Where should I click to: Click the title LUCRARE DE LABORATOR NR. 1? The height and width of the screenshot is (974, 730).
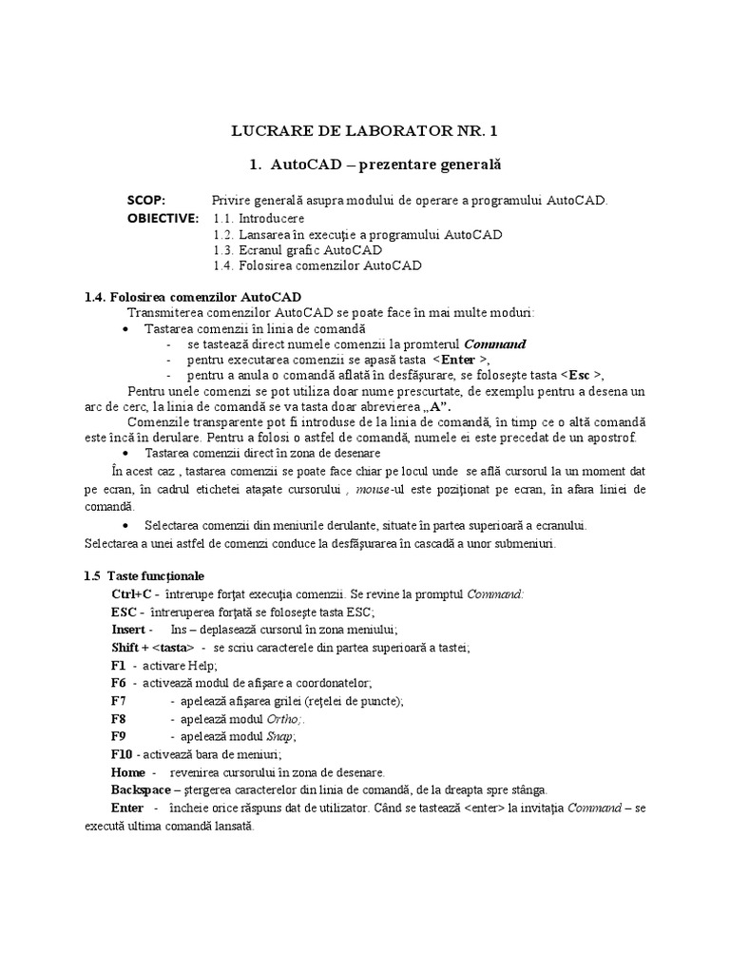point(365,130)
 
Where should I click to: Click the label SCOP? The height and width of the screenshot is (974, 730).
point(146,200)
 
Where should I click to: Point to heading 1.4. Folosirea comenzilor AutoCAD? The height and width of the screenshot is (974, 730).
point(193,297)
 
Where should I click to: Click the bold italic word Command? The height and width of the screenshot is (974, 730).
point(494,343)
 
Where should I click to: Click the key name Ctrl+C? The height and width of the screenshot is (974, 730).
point(130,594)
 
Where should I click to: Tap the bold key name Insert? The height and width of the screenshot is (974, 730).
point(128,629)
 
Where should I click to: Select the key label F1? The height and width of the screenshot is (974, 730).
point(118,665)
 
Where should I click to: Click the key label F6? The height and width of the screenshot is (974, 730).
point(119,683)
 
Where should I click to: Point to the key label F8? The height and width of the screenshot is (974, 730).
point(119,718)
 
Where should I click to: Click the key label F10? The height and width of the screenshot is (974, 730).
point(122,754)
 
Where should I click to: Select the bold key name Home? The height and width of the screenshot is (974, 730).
point(128,771)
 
